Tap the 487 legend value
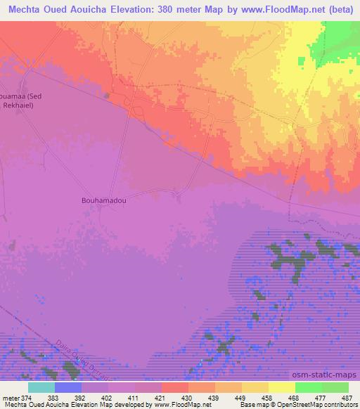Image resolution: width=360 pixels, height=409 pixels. (x=347, y=398)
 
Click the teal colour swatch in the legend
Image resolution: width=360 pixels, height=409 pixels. (x=41, y=387)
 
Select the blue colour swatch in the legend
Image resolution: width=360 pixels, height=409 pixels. (x=68, y=387)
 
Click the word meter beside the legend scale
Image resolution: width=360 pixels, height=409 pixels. (x=11, y=398)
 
